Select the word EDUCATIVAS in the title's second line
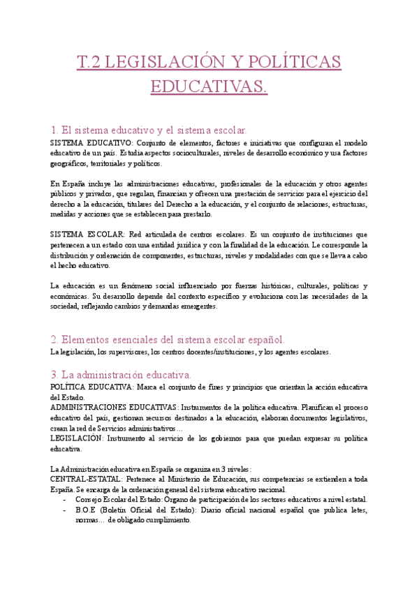click(x=209, y=87)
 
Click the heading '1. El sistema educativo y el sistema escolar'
click(x=149, y=130)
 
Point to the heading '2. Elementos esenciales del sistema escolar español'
click(x=168, y=339)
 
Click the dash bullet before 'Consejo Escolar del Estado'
click(x=65, y=500)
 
